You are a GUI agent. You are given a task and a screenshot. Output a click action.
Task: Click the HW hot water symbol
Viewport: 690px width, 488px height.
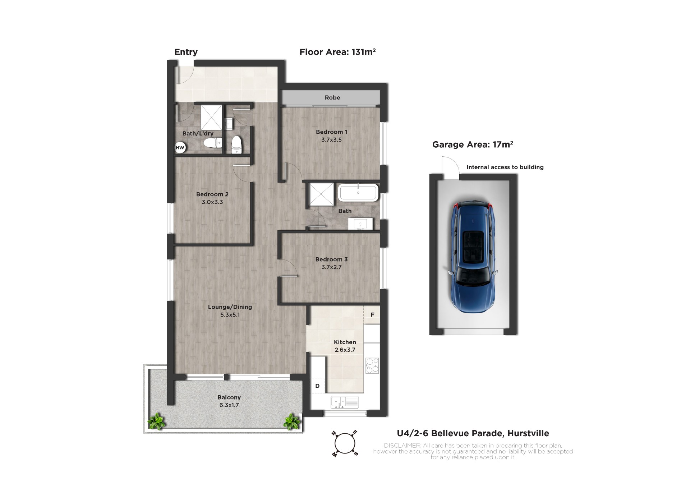[180, 147]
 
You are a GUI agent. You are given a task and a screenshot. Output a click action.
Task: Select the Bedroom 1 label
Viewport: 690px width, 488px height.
[331, 132]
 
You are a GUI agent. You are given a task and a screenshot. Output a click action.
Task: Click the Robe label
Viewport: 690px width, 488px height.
[332, 97]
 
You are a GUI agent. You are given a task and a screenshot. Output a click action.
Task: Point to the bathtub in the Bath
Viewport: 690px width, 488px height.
[358, 193]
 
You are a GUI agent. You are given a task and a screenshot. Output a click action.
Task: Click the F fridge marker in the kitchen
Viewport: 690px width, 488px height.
[373, 315]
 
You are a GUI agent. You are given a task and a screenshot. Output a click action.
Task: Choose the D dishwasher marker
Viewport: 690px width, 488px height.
[317, 386]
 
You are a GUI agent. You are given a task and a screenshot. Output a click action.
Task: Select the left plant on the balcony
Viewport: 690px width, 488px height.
[156, 421]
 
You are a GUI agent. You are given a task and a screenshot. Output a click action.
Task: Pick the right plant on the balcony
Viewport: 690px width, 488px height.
[292, 422]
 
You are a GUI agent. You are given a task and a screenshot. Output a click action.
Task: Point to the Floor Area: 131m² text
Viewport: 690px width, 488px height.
[338, 52]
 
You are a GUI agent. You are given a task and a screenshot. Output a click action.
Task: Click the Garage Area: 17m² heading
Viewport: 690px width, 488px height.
[473, 144]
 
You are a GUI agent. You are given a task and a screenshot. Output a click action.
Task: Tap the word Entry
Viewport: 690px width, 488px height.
[186, 52]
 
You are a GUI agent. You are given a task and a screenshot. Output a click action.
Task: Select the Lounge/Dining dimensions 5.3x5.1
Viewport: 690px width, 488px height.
[230, 315]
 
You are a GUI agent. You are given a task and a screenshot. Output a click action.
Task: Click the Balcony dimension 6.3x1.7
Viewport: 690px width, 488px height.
[229, 405]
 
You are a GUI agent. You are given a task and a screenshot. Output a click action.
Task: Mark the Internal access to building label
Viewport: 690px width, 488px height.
[505, 167]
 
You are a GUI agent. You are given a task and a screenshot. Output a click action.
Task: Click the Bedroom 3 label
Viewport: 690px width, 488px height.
[331, 259]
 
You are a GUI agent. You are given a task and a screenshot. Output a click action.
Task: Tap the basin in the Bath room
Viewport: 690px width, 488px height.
[360, 224]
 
